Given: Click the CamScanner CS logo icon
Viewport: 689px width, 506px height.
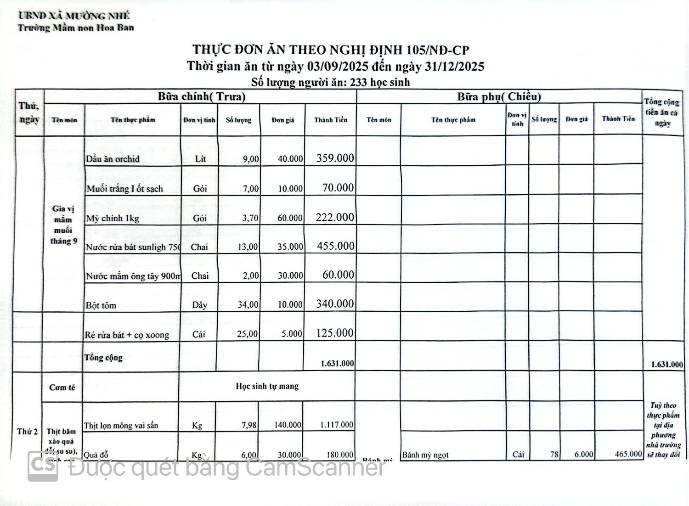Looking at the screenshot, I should pos(43,467).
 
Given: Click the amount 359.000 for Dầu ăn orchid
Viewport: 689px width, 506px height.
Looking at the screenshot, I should pos(335,158).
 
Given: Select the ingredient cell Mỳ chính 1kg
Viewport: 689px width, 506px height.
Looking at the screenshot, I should pos(113,219).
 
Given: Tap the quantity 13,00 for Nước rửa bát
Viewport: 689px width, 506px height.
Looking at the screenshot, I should pos(248,247).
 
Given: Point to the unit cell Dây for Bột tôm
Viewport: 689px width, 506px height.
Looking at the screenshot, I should pos(199,305).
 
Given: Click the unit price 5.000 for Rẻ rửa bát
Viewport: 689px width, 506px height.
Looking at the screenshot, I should pos(292,334).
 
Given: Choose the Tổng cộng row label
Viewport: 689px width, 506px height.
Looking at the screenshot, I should pos(103,358).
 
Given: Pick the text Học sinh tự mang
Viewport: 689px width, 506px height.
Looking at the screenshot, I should pos(267,386).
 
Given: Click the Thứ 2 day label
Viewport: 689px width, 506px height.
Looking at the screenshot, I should pos(27,432).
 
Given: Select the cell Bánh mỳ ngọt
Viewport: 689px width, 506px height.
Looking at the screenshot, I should pos(425,455).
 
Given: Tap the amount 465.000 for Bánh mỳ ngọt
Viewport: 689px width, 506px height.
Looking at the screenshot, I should pos(628,454).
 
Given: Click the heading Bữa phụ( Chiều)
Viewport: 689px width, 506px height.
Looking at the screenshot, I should pos(499,97).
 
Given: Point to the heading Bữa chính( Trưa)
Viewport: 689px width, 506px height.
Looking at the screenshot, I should pos(202,97).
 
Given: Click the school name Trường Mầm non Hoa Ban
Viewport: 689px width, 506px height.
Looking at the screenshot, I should pos(76,28).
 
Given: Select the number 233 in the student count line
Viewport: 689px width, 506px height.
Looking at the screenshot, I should pos(358,83).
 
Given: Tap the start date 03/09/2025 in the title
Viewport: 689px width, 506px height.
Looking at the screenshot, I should pos(338,67).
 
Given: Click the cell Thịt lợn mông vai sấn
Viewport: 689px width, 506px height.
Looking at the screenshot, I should pos(121,426).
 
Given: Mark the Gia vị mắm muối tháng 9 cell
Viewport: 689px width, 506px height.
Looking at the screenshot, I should pos(63,225).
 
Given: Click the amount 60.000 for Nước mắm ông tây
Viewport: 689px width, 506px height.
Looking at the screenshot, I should pos(338,275).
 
